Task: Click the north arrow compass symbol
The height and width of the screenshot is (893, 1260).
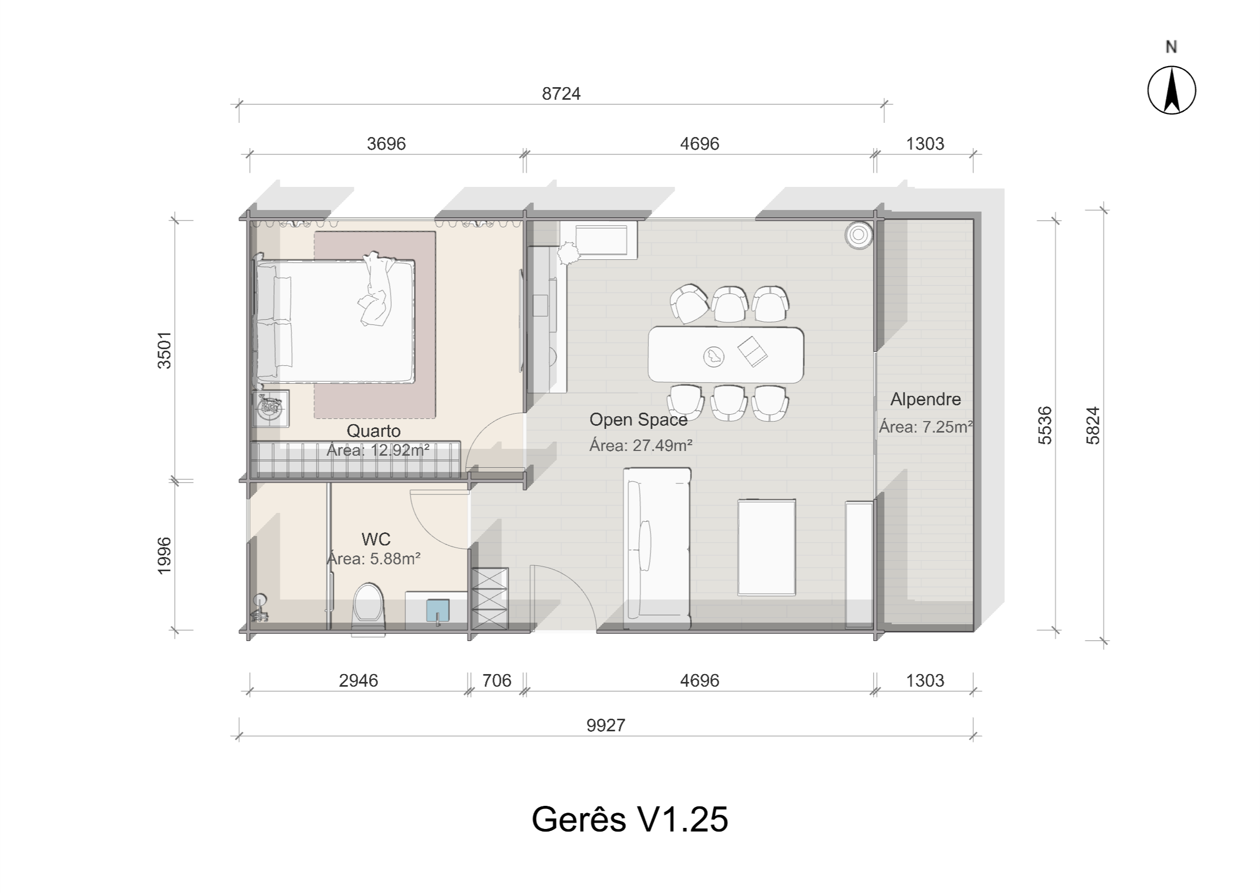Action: click(1171, 90)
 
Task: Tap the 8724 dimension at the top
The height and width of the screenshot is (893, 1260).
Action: click(561, 94)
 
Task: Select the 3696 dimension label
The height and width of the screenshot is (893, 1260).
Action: click(386, 143)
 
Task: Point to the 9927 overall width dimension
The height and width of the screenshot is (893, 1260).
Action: click(606, 726)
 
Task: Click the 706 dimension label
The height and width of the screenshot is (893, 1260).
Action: click(497, 681)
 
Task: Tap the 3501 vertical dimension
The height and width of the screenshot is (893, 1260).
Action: click(164, 350)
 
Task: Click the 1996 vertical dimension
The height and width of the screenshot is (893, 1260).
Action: click(164, 556)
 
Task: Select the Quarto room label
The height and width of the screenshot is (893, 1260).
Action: click(373, 430)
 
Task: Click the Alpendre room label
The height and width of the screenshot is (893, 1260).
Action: click(926, 399)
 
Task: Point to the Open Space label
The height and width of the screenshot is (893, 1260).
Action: click(638, 419)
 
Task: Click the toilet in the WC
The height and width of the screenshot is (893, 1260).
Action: click(369, 607)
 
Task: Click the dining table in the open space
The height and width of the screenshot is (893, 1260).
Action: click(726, 355)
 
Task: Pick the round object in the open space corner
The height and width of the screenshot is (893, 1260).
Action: click(858, 235)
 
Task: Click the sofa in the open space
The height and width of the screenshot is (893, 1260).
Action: click(657, 548)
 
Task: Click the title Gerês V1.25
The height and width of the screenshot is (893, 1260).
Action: click(630, 820)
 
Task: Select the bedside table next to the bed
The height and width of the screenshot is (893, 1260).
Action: click(270, 408)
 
